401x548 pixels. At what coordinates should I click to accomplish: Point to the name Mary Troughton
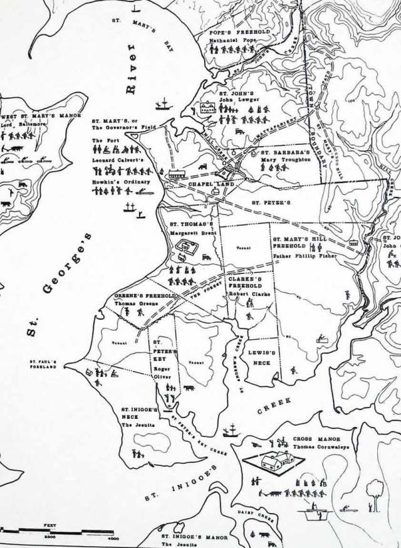(286, 160)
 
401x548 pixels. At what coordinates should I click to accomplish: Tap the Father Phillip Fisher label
(305, 256)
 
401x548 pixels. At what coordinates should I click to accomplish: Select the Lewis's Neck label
(258, 357)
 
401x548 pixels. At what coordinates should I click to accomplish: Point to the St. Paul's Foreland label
(43, 364)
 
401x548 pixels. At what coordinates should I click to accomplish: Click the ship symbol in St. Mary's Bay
(165, 102)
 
